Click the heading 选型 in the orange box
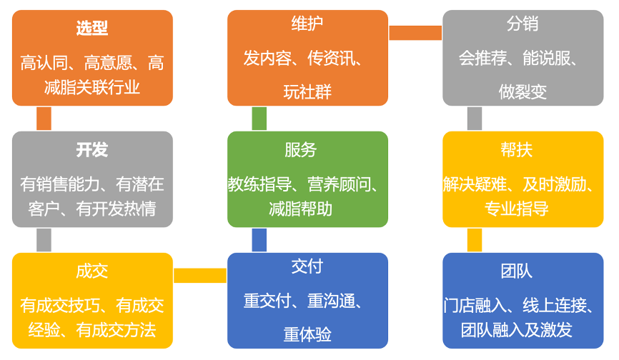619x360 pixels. (92, 29)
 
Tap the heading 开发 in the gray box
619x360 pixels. (92, 150)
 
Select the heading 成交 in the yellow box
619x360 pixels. (92, 271)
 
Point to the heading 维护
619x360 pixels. (307, 24)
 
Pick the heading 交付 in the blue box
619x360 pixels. (307, 266)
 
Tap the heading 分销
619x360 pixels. (523, 24)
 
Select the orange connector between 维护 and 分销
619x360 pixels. (415, 33)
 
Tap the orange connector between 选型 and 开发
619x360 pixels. (44, 119)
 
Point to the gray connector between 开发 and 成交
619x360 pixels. (44, 240)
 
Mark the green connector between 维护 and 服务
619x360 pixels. (259, 119)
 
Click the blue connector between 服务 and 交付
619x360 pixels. (259, 240)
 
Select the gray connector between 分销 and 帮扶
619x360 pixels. (475, 119)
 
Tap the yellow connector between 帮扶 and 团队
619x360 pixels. (475, 240)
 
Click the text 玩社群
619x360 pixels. (307, 92)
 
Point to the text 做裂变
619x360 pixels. (523, 92)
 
